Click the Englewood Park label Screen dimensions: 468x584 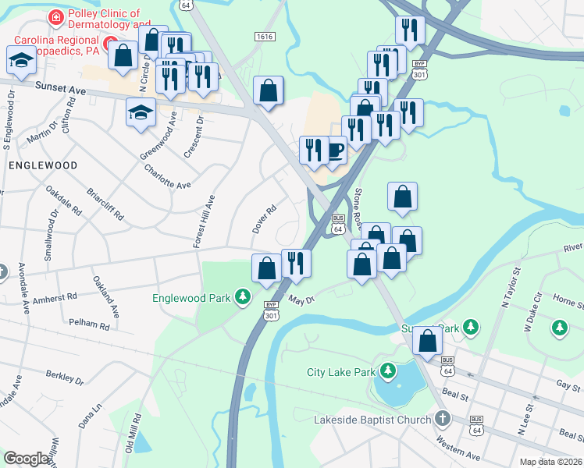tap(194, 297)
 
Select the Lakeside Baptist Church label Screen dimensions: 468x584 tap(372, 420)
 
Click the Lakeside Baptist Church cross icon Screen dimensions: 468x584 tap(443, 419)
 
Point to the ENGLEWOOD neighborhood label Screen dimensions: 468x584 tap(43, 166)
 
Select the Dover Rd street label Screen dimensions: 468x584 tap(265, 219)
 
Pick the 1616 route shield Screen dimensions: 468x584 tap(263, 37)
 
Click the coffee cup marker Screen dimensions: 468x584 tap(335, 149)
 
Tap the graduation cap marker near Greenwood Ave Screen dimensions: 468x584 tap(141, 114)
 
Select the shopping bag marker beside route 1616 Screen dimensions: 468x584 tap(268, 90)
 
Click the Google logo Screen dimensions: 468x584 tap(27, 459)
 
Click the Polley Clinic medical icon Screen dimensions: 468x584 tap(55, 16)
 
